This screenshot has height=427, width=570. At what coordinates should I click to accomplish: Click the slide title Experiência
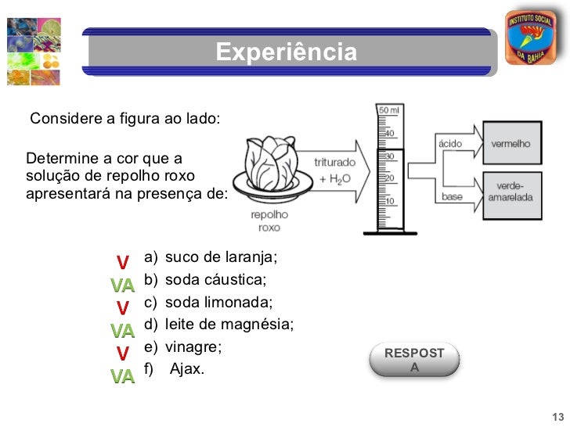pyautogui.click(x=286, y=53)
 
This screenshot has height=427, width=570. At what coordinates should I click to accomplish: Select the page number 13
pyautogui.click(x=557, y=415)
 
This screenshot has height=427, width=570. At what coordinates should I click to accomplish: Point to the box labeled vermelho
pyautogui.click(x=510, y=144)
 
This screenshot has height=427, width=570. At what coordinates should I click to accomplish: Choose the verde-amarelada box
pyautogui.click(x=510, y=192)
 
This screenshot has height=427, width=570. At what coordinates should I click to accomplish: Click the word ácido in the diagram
pyautogui.click(x=449, y=144)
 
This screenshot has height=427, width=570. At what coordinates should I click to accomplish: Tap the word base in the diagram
pyautogui.click(x=453, y=196)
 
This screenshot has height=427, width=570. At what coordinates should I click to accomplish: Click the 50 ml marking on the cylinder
pyautogui.click(x=389, y=111)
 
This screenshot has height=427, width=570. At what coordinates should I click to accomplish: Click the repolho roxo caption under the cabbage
pyautogui.click(x=269, y=221)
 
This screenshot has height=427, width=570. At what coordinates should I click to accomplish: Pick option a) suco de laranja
pyautogui.click(x=211, y=257)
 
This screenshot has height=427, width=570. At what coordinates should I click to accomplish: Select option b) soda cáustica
pyautogui.click(x=205, y=280)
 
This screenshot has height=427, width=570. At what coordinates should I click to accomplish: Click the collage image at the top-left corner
pyautogui.click(x=34, y=51)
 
